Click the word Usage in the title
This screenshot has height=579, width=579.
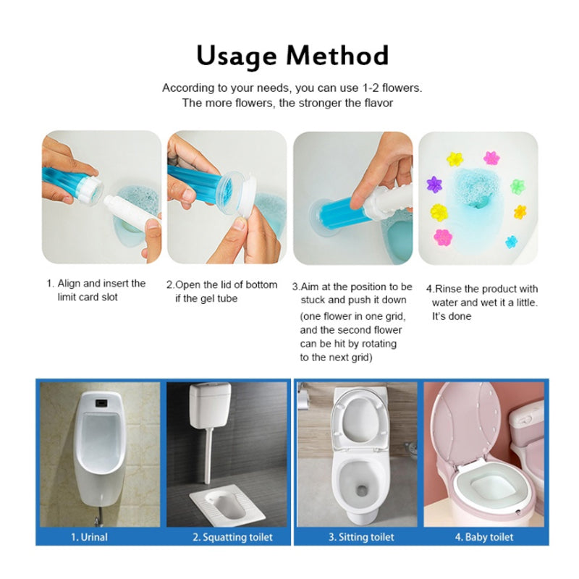(x=237, y=56)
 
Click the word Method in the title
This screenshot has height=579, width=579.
(x=337, y=56)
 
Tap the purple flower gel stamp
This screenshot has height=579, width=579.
(x=434, y=184)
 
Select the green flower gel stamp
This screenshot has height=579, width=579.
(x=517, y=187)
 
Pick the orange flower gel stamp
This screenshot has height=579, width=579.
(x=520, y=212)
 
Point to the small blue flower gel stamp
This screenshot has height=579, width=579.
(x=512, y=242)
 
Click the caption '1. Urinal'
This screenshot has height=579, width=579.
(x=89, y=537)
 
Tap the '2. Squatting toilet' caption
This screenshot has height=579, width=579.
(x=232, y=537)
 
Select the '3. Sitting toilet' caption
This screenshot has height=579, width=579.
(x=361, y=537)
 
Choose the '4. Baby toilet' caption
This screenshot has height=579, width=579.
(x=484, y=537)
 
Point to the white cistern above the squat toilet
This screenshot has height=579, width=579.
(x=210, y=405)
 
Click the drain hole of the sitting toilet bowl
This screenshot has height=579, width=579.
(x=362, y=490)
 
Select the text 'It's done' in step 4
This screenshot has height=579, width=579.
(x=452, y=316)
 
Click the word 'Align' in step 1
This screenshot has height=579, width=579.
(x=69, y=284)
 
